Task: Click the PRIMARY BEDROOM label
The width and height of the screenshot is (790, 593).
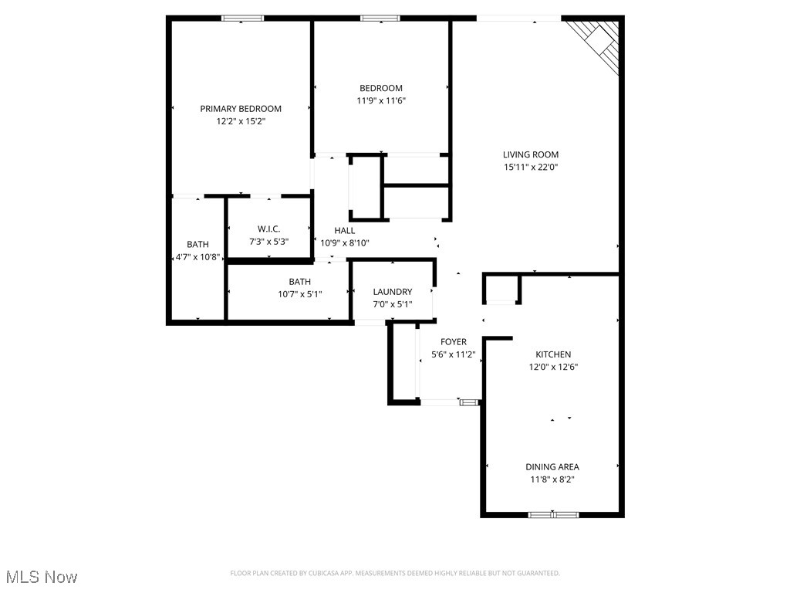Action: (x=241, y=109)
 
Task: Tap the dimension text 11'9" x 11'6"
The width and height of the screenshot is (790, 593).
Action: (x=380, y=100)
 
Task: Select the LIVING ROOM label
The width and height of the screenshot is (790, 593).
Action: (x=531, y=154)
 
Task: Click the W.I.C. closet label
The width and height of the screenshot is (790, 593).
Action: (x=268, y=229)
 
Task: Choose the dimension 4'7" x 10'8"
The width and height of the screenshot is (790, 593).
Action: (x=197, y=257)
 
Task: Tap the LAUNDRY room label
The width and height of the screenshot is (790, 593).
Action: (x=392, y=292)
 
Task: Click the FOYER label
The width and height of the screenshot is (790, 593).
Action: (x=453, y=342)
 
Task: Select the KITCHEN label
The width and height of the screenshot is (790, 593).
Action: (x=553, y=354)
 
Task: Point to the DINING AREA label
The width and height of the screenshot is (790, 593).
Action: (x=552, y=466)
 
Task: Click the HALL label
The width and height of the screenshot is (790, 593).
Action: (x=345, y=230)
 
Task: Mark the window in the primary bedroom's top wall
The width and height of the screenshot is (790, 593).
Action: (x=242, y=18)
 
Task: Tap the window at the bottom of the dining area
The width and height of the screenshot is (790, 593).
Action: (x=553, y=514)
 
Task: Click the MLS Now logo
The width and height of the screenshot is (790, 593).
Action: (x=42, y=577)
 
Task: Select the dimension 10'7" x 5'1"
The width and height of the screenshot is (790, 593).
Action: (x=300, y=293)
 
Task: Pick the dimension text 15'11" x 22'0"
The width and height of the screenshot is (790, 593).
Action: (x=531, y=167)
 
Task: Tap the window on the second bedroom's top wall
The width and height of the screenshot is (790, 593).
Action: (x=380, y=18)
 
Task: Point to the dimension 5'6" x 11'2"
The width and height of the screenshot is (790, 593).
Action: (x=453, y=355)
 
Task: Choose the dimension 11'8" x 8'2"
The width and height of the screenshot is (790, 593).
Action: (x=552, y=479)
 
